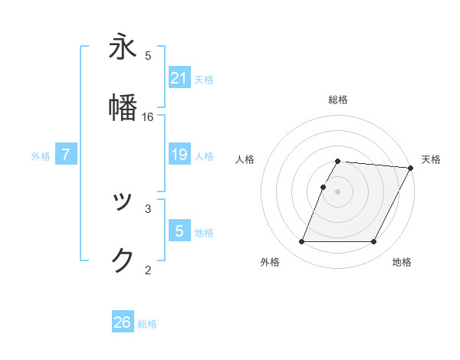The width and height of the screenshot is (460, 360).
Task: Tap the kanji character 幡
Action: [x=123, y=107]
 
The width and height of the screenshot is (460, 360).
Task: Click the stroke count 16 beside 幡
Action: [x=148, y=117]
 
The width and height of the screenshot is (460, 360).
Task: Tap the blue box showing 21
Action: [x=179, y=78]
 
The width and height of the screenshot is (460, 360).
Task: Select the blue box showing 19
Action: [x=179, y=155]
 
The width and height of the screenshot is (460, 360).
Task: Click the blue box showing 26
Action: [x=123, y=323]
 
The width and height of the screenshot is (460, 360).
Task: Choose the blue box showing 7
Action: [x=66, y=155]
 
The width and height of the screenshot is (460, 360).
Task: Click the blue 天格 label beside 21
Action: [x=204, y=79]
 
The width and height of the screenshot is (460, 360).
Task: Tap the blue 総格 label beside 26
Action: [x=147, y=324]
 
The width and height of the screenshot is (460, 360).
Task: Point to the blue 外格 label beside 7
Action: [x=41, y=155]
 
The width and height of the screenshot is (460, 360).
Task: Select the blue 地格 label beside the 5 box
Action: [x=204, y=233]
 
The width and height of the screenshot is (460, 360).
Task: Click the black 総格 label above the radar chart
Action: [x=338, y=100]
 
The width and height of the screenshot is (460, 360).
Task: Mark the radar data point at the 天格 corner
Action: [x=411, y=168]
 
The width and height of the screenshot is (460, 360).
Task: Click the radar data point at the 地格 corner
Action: [x=373, y=242]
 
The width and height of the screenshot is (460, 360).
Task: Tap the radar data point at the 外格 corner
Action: [x=301, y=242]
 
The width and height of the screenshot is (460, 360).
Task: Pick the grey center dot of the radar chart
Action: [x=338, y=191]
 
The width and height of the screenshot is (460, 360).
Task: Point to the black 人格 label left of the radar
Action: [x=245, y=159]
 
